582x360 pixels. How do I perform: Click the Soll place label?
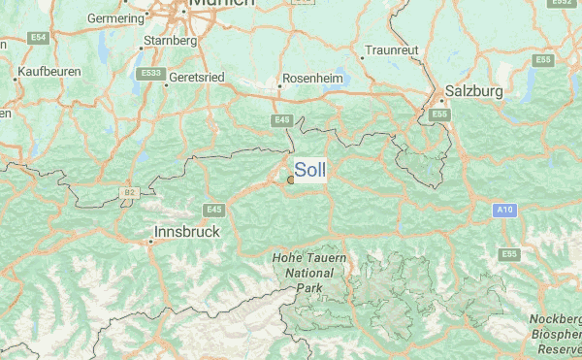(310, 170)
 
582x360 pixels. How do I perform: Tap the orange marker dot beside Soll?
(291, 179)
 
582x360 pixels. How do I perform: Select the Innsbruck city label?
(188, 233)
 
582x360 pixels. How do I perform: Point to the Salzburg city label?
(473, 91)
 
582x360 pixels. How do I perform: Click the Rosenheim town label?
(312, 79)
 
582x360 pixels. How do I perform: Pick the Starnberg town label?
(170, 41)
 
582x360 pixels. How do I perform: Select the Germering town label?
(115, 18)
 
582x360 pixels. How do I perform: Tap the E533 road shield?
(150, 72)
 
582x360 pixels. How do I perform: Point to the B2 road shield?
(130, 193)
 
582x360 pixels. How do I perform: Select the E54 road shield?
(39, 37)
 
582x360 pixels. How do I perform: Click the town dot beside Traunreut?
(362, 56)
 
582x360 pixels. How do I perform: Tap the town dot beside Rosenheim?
(280, 85)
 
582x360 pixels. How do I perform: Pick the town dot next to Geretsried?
(166, 83)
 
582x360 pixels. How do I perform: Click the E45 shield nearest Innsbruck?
(213, 210)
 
